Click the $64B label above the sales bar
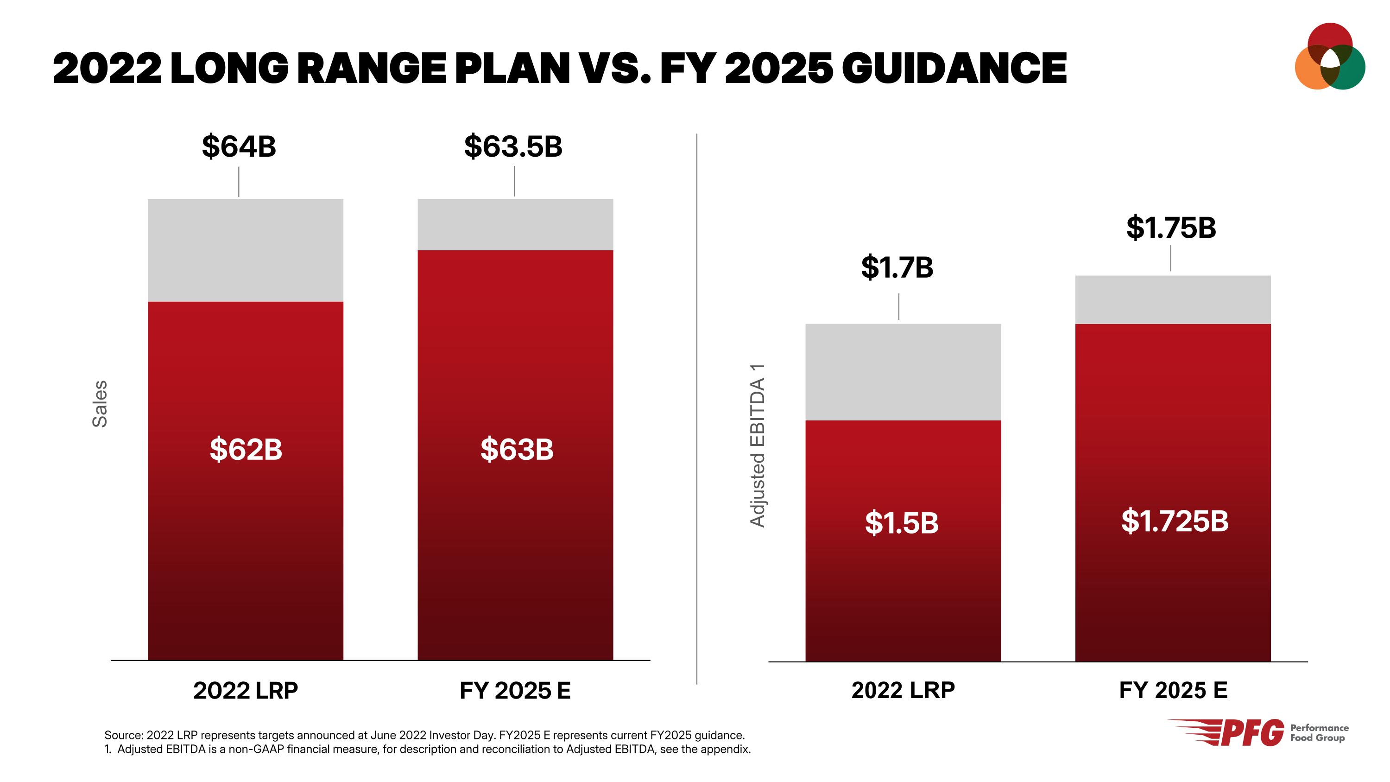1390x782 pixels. tap(239, 146)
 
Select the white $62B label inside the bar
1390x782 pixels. tap(246, 449)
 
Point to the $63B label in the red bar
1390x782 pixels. tap(517, 449)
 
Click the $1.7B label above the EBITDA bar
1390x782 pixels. tap(897, 267)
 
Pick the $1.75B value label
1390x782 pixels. tap(1170, 227)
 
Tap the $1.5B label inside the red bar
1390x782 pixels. tap(902, 523)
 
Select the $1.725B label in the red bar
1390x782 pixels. tap(1174, 521)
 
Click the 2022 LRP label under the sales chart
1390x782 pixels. tap(246, 690)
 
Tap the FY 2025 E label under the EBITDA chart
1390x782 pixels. tap(1173, 690)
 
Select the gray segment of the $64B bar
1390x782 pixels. tap(246, 250)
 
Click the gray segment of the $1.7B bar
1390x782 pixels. tap(903, 372)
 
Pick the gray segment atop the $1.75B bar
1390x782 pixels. tap(1173, 299)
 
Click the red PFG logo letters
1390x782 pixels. tap(1252, 733)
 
